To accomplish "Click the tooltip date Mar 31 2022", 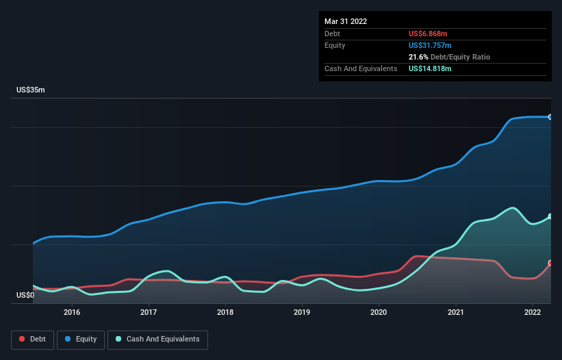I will (x=346, y=21).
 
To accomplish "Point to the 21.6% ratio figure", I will (x=418, y=57).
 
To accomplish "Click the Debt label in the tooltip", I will (x=332, y=34).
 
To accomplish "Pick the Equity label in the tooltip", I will (x=335, y=45).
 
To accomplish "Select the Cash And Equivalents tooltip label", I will (x=361, y=68).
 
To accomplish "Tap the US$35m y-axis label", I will (x=30, y=90).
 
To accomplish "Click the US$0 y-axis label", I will (x=25, y=295).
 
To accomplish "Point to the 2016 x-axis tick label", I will (x=72, y=312).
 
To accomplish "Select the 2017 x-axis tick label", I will (x=149, y=312).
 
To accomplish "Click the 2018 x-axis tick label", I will (x=225, y=312).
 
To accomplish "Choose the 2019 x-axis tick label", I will (x=302, y=312).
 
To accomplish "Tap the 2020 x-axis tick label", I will (x=379, y=312).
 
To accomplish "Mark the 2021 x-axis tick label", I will (x=455, y=312).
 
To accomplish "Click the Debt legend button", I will (x=31, y=339).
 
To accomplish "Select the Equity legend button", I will (x=81, y=339).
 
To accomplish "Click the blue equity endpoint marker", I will (x=550, y=117).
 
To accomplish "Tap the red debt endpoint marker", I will (x=550, y=263).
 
